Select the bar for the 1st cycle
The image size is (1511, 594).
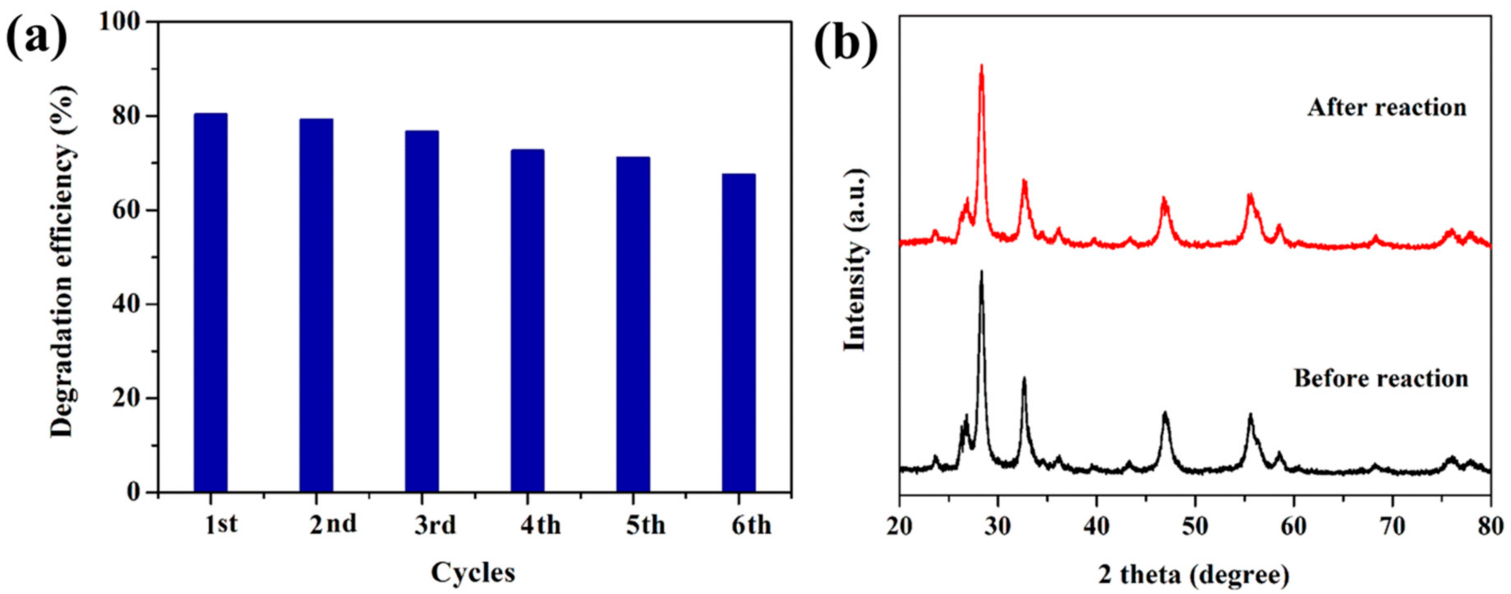pyautogui.click(x=210, y=302)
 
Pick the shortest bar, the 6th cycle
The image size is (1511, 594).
pyautogui.click(x=738, y=333)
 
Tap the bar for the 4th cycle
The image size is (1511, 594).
pyautogui.click(x=527, y=320)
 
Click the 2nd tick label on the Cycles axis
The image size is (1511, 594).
pyautogui.click(x=333, y=524)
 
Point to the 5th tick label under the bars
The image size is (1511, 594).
pyautogui.click(x=645, y=525)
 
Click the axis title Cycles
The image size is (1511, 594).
pyautogui.click(x=473, y=572)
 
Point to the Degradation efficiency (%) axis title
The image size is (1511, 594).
pyautogui.click(x=63, y=258)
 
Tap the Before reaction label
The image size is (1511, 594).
pyautogui.click(x=1381, y=378)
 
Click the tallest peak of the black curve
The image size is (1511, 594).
pyautogui.click(x=981, y=272)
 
